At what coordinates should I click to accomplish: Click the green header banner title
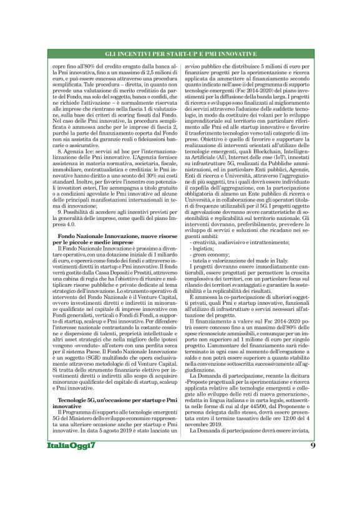tap(180, 54)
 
